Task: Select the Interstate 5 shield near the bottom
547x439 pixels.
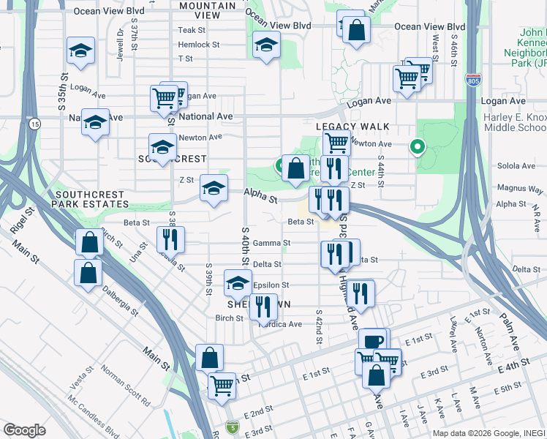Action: tap(232, 427)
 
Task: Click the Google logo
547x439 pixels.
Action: tap(24, 430)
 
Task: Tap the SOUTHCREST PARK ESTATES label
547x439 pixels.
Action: tap(90, 199)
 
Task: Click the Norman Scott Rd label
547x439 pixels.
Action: tap(126, 391)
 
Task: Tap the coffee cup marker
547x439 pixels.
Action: tap(372, 341)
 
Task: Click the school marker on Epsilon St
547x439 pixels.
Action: tap(237, 282)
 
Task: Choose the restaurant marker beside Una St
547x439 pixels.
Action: tap(170, 238)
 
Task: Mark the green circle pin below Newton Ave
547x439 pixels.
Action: tap(418, 147)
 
